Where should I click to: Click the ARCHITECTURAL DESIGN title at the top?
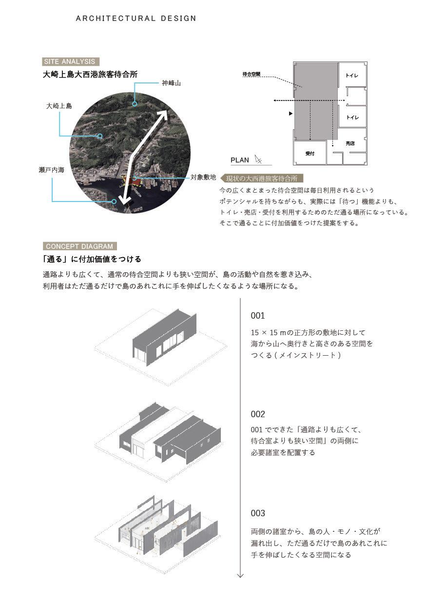click(x=136, y=19)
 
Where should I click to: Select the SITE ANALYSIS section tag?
click(x=71, y=61)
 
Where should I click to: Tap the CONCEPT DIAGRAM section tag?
click(x=79, y=246)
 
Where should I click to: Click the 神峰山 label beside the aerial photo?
click(x=171, y=83)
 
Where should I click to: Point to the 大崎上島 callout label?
click(x=59, y=106)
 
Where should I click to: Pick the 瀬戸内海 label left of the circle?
click(x=51, y=170)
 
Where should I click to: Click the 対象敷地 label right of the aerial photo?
click(x=203, y=178)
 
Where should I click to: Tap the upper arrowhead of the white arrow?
click(x=164, y=114)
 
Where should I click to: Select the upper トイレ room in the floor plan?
click(x=352, y=76)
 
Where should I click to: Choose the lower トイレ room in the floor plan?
click(x=352, y=118)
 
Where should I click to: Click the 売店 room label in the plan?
click(x=350, y=143)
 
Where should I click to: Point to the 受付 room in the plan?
click(x=310, y=153)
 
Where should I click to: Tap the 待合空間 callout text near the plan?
click(x=251, y=75)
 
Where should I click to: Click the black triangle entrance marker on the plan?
click(x=290, y=114)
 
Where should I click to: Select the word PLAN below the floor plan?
click(x=240, y=160)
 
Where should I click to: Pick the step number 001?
click(x=258, y=316)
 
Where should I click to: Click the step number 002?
click(x=258, y=414)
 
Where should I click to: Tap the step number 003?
click(x=258, y=513)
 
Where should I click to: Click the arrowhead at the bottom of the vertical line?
click(x=240, y=575)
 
